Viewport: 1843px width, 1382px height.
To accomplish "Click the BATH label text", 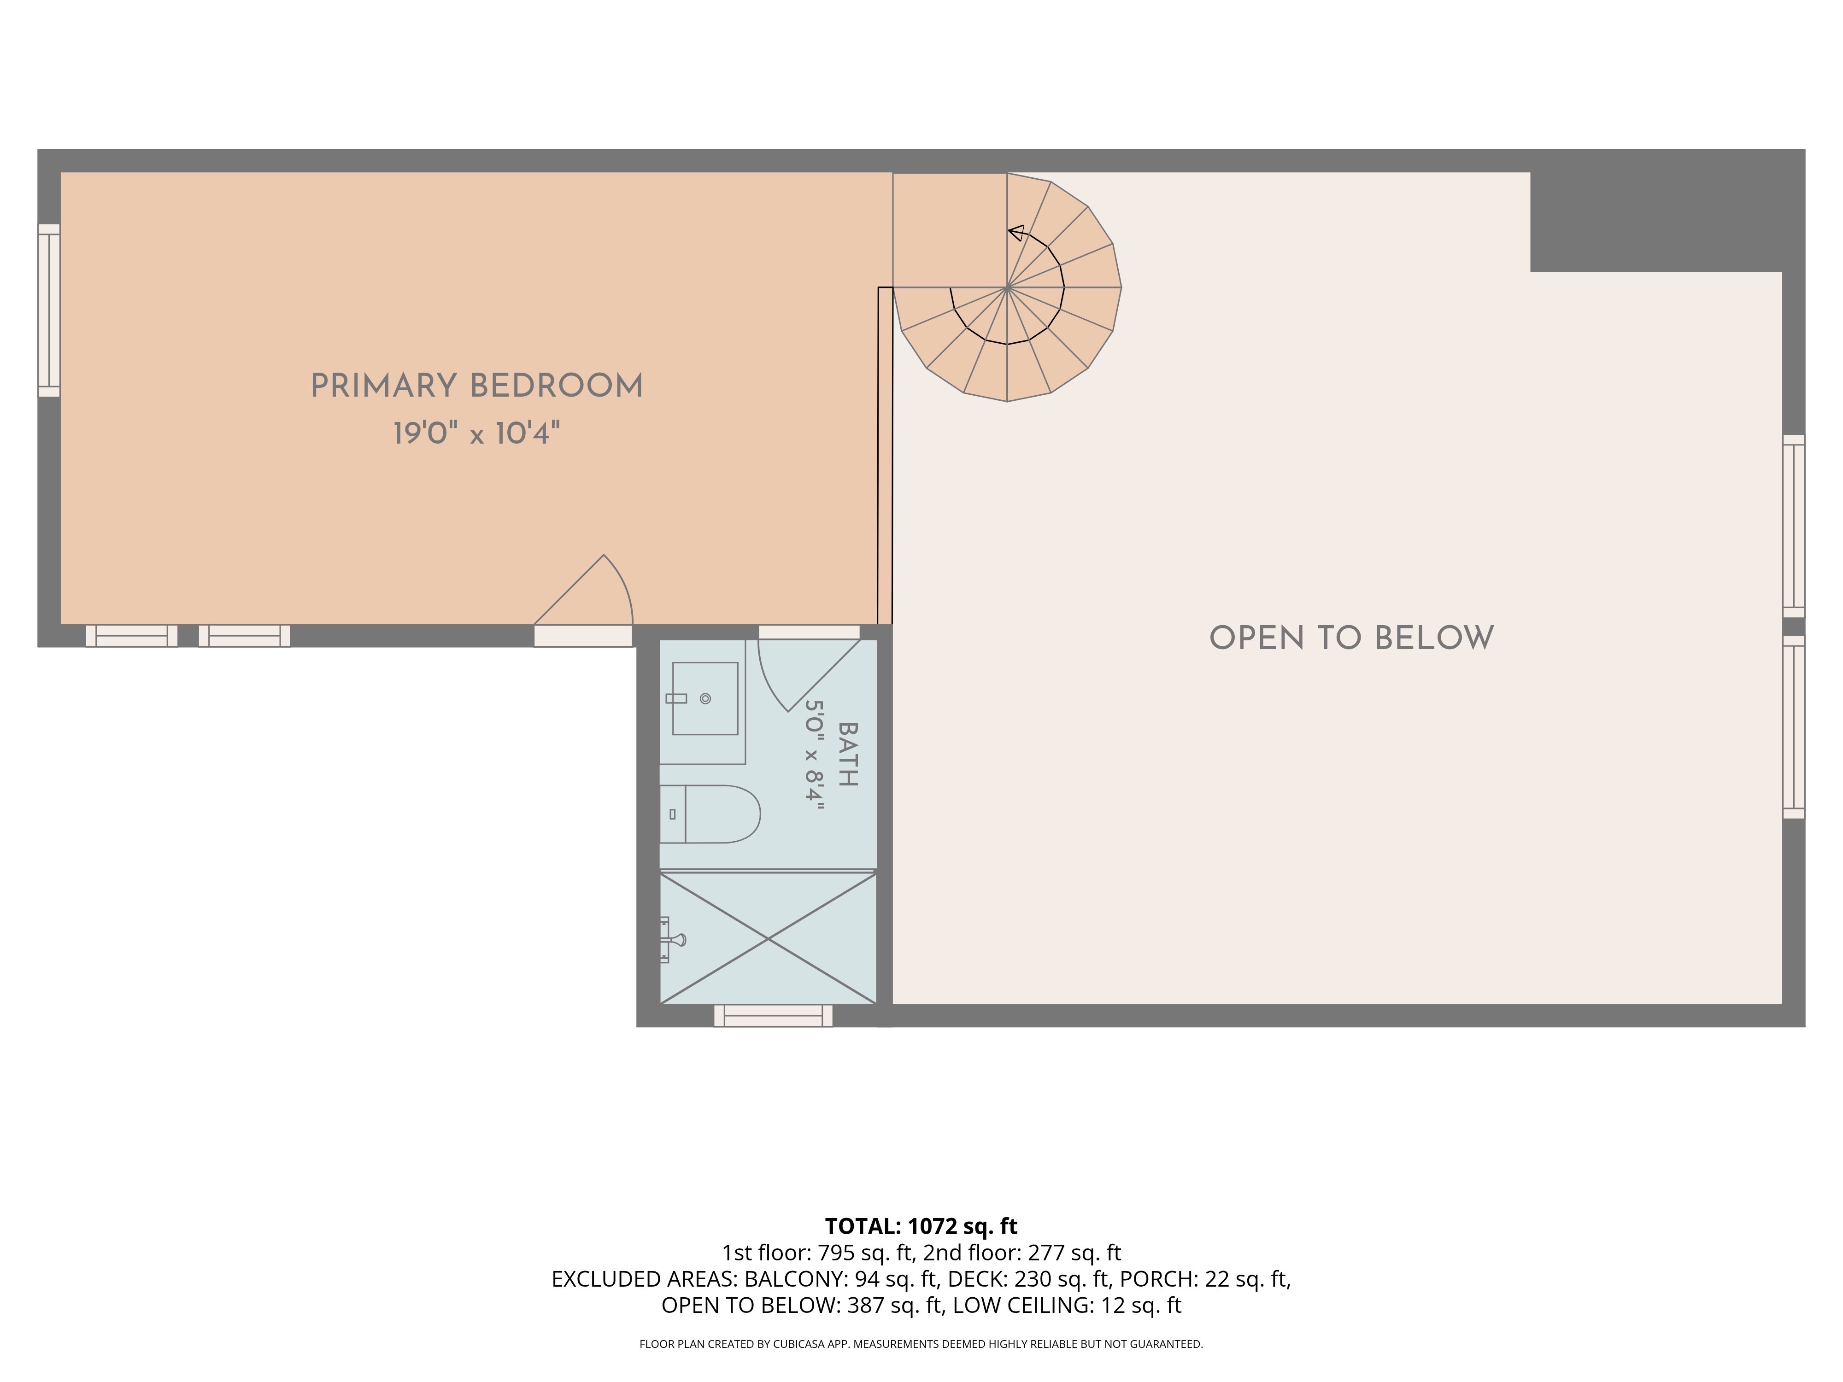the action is pyautogui.click(x=847, y=754).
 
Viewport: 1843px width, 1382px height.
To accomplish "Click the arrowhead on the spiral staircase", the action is pyautogui.click(x=1015, y=233).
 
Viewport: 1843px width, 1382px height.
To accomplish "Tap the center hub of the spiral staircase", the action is pyautogui.click(x=1007, y=287).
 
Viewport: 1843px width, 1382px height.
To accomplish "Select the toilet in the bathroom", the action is pyautogui.click(x=710, y=814).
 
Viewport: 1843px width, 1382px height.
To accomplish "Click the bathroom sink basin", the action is pyautogui.click(x=705, y=698).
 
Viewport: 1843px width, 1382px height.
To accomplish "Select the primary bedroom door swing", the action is pyautogui.click(x=583, y=590).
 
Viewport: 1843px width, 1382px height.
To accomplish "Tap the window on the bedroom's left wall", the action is pyautogui.click(x=49, y=310).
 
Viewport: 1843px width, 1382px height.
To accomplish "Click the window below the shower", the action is pyautogui.click(x=773, y=1015).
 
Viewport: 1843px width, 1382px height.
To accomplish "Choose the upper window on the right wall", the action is pyautogui.click(x=1794, y=526).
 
